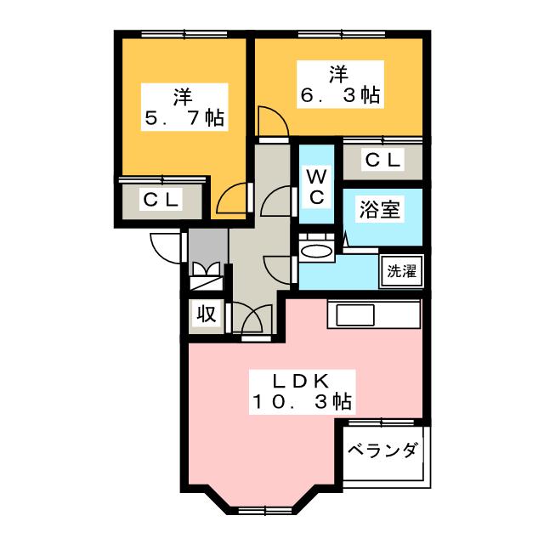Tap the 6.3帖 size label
tap(339, 95)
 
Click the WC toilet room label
tap(315, 188)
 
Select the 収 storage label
tap(206, 314)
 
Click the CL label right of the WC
tap(382, 160)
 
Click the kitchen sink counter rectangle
tap(373, 314)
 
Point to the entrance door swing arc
tap(165, 247)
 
